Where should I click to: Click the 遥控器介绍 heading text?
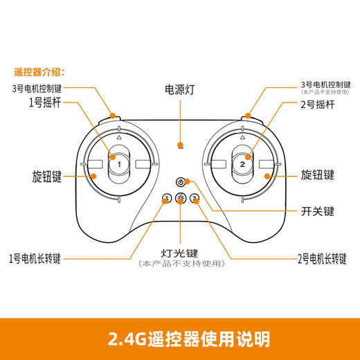click(39, 71)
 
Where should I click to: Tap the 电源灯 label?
click(179, 90)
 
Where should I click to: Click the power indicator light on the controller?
click(180, 146)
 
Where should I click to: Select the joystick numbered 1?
click(118, 164)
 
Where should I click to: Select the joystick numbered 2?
click(242, 164)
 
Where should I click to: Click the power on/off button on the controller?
click(180, 182)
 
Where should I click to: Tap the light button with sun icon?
click(180, 200)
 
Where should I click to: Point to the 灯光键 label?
click(179, 253)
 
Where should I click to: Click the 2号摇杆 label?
click(314, 105)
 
